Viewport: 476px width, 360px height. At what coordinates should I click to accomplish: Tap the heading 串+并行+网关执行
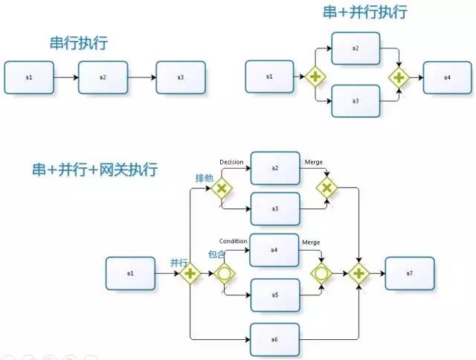click(x=94, y=169)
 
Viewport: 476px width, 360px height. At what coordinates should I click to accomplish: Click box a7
click(x=409, y=274)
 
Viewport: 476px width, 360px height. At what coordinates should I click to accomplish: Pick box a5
click(x=274, y=295)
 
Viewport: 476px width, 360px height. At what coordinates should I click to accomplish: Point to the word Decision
click(x=232, y=161)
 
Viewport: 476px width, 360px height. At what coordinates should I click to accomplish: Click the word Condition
click(x=233, y=241)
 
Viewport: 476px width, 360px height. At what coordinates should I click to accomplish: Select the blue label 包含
click(x=216, y=255)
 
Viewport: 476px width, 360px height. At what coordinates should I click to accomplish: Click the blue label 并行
click(x=178, y=263)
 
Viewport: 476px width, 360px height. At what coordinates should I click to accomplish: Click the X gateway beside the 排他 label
click(x=221, y=189)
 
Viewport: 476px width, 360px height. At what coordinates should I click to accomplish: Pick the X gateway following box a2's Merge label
click(x=325, y=188)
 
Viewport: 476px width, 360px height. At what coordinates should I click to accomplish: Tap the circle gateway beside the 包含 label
click(x=222, y=274)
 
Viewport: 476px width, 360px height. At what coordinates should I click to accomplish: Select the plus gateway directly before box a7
click(x=359, y=274)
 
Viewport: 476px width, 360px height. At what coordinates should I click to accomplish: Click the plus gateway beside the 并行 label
click(x=190, y=274)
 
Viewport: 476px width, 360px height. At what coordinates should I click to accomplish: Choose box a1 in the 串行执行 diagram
click(x=29, y=77)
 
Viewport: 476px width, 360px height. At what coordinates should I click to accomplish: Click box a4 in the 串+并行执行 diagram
click(x=447, y=77)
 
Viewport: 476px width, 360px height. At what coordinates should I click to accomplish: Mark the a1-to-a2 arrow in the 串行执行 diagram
click(x=66, y=77)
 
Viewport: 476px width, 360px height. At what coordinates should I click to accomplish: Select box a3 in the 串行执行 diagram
click(x=181, y=77)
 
